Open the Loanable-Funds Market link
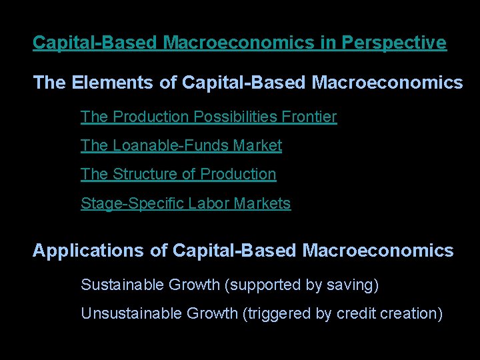(181, 145)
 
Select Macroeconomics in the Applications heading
(378, 251)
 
